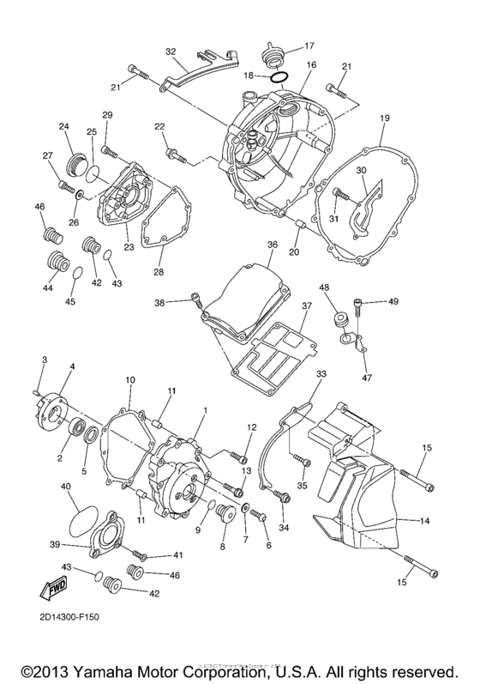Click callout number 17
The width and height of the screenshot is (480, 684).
click(310, 45)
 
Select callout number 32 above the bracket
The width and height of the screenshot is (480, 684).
click(171, 50)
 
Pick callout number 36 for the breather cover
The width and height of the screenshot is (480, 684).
click(272, 245)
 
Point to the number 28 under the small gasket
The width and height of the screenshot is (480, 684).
click(157, 272)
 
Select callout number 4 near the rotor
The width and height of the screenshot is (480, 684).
click(71, 366)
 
